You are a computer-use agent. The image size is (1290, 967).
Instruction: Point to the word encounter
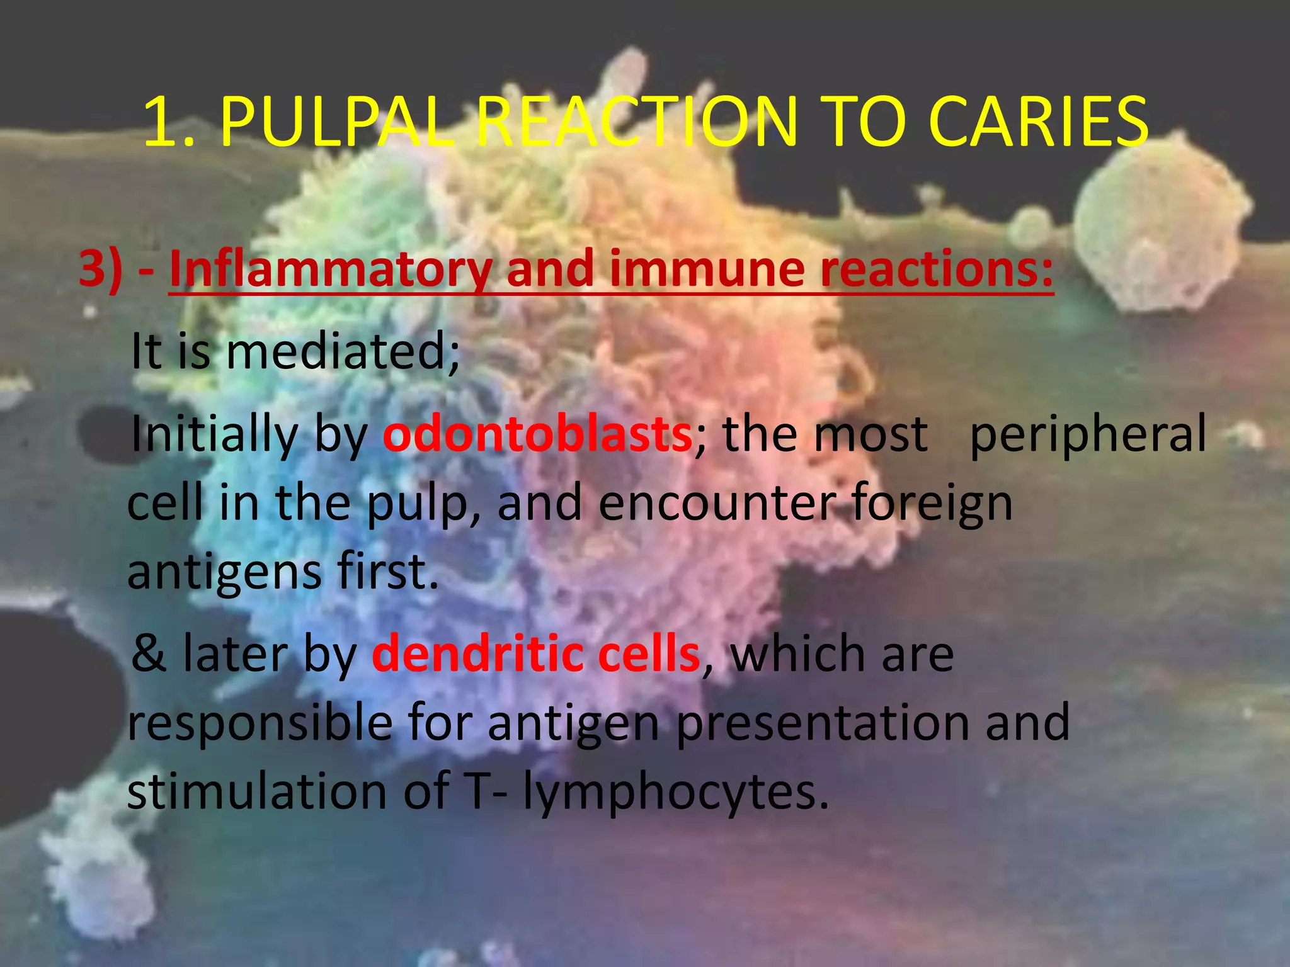click(x=717, y=503)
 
